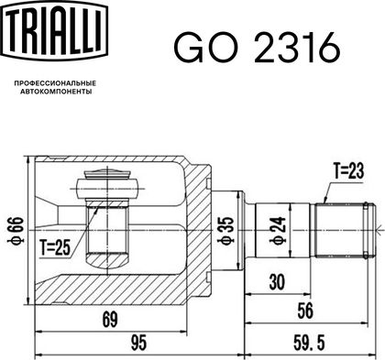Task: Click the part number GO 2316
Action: [257, 48]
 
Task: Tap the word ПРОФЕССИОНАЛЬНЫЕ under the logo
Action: [55, 83]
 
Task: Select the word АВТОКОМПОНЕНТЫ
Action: [56, 92]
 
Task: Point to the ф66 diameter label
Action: [15, 231]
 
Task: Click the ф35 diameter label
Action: [226, 231]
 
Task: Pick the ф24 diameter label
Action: [278, 231]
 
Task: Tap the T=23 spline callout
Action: [348, 171]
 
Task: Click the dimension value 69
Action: [110, 320]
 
